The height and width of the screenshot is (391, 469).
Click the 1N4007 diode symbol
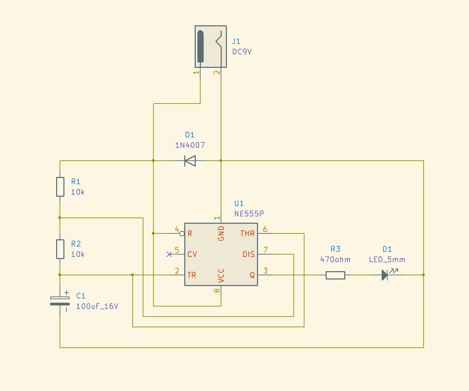click(x=190, y=161)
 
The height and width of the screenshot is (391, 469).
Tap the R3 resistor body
click(x=335, y=275)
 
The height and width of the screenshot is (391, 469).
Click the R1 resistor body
click(x=60, y=187)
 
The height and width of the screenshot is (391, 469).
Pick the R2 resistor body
click(x=60, y=249)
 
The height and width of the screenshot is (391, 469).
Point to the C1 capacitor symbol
click(x=60, y=301)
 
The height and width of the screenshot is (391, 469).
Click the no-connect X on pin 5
click(x=169, y=254)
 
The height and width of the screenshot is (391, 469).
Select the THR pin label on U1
click(x=247, y=233)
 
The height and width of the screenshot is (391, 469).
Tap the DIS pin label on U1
click(x=248, y=254)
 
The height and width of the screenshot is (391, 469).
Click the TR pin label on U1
click(x=192, y=275)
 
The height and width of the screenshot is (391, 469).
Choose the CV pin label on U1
click(x=192, y=254)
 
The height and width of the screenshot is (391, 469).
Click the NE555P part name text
click(x=249, y=214)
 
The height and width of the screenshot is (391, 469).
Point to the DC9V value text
click(x=242, y=52)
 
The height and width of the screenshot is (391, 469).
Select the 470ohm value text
click(x=335, y=259)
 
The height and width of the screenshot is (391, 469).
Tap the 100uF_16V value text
click(x=97, y=306)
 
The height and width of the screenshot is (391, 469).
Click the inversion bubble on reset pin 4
click(x=182, y=233)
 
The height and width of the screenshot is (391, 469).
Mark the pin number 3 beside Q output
click(x=265, y=270)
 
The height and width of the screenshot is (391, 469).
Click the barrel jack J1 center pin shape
click(x=200, y=46)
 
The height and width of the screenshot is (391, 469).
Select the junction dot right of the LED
click(x=423, y=275)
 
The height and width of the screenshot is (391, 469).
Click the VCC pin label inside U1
click(x=221, y=275)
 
